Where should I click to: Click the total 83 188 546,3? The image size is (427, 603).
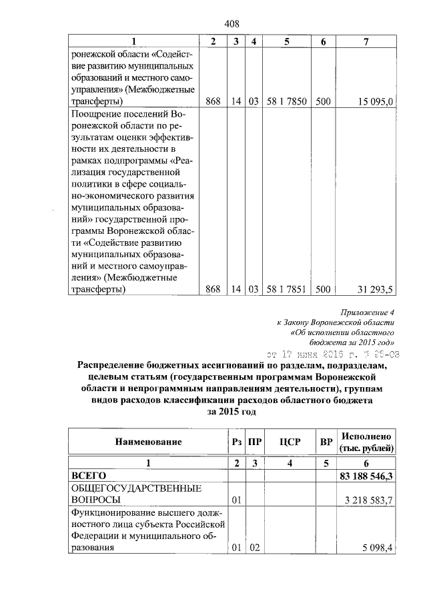coord(366,476)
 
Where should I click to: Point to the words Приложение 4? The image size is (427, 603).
coord(368,311)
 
